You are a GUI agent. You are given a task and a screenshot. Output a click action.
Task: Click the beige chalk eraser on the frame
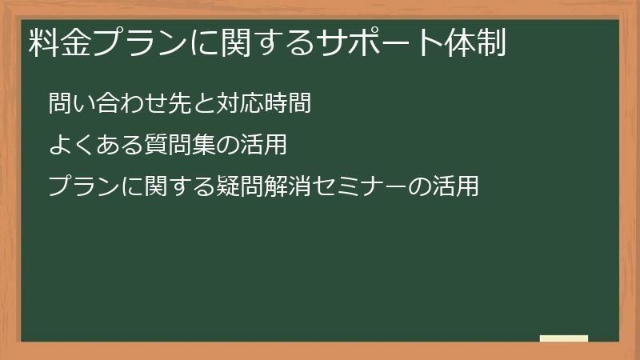564,338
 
